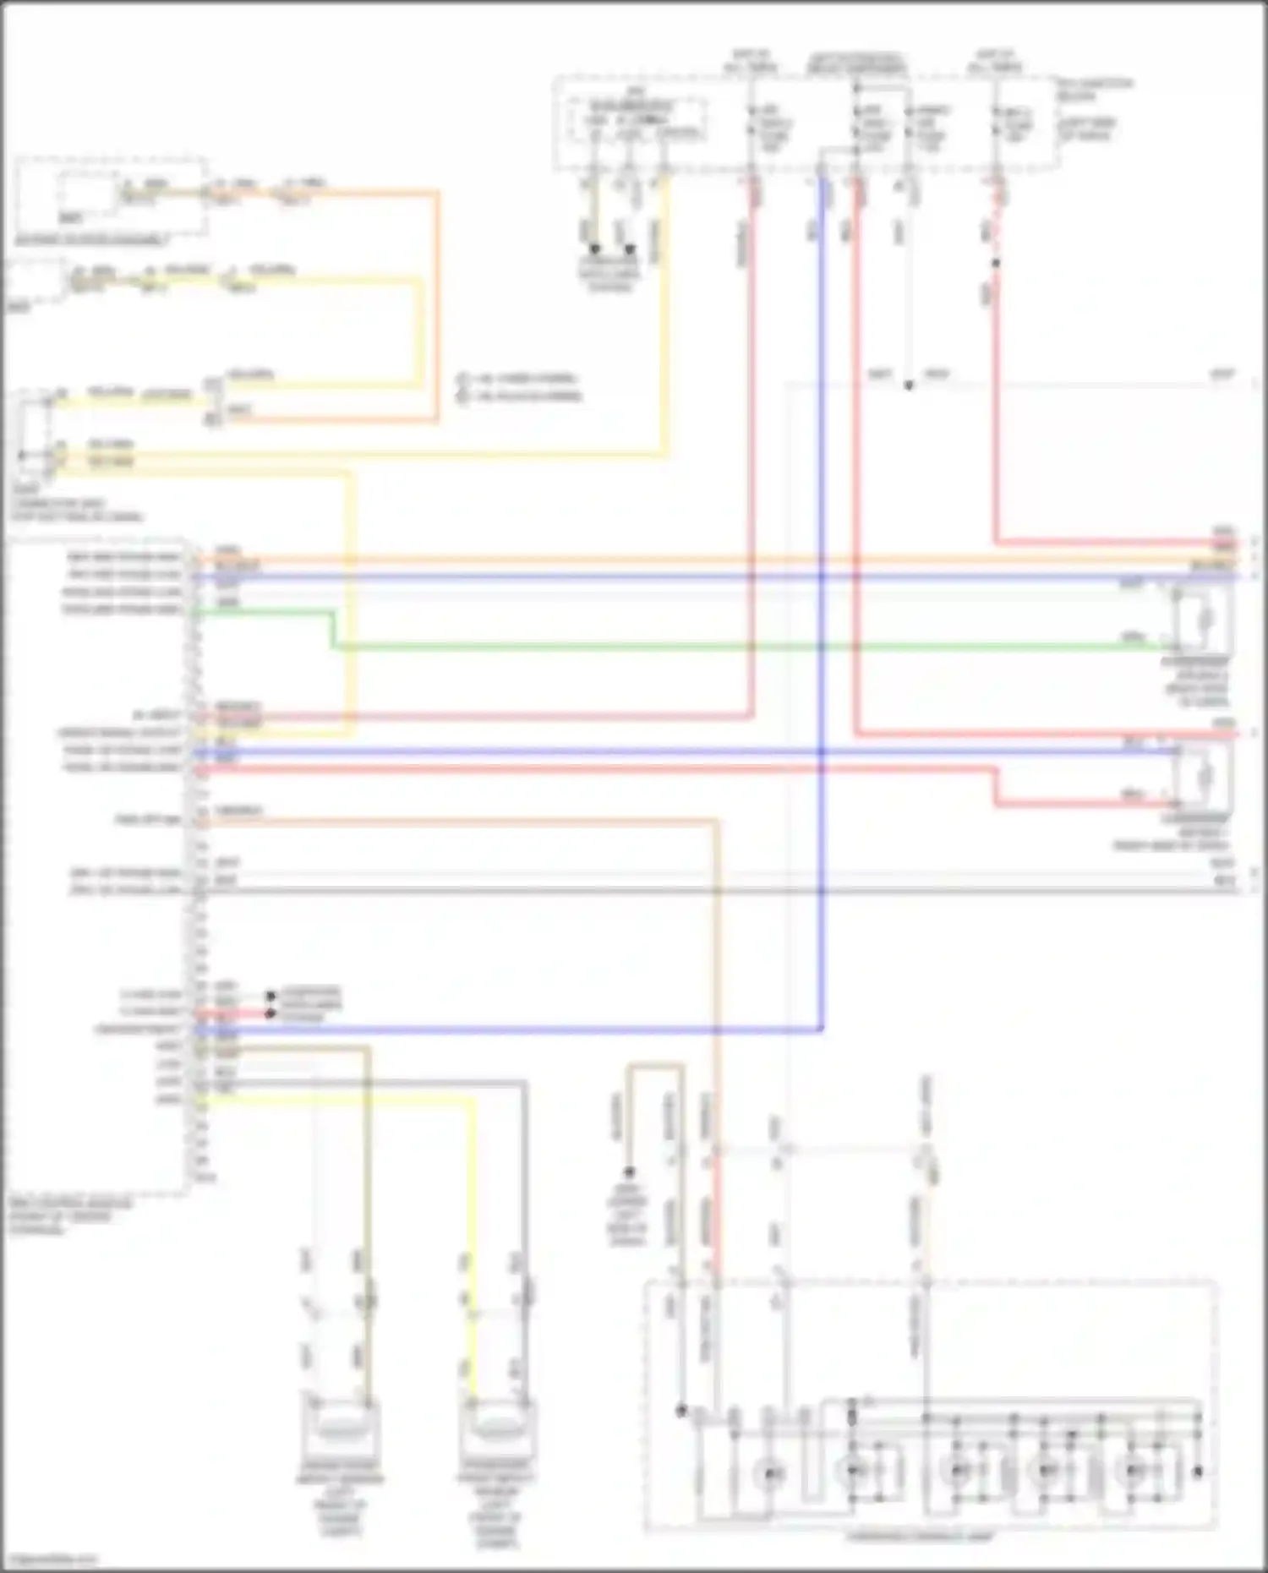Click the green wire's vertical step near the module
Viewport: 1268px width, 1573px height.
(x=332, y=630)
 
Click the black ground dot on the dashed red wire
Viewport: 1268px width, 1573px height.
(x=996, y=263)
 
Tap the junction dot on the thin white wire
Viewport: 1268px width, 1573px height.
(x=909, y=385)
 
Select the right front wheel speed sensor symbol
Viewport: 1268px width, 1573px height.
(x=496, y=1427)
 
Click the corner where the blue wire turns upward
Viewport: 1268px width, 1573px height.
(x=821, y=1030)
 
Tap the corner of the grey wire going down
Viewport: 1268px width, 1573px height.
(x=524, y=1083)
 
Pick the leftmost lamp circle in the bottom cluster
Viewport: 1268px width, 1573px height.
(x=770, y=1473)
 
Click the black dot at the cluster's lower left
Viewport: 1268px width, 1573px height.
(x=681, y=1411)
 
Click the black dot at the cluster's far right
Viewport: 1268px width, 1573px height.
(x=1198, y=1472)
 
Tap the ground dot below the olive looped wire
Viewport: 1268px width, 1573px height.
(x=629, y=1172)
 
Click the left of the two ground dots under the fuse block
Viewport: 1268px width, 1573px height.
(x=594, y=249)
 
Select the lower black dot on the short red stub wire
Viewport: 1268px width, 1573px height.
(x=271, y=1013)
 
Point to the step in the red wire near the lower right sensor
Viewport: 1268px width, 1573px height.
(x=996, y=786)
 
